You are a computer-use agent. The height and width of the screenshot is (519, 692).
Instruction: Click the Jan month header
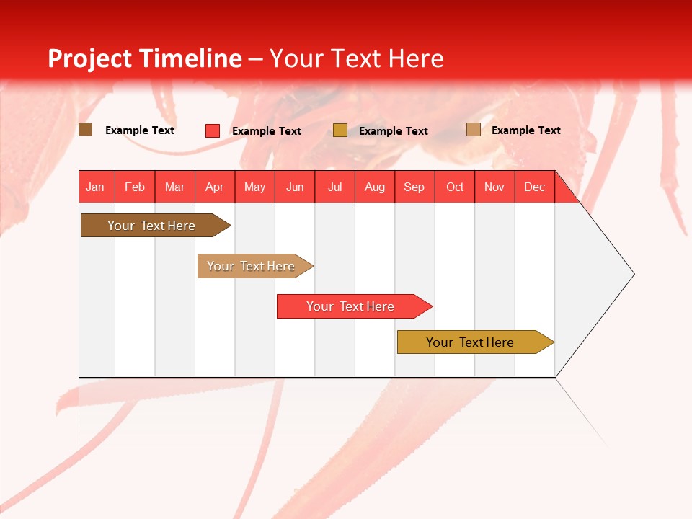[x=96, y=187]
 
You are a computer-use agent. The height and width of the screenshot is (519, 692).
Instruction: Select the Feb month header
[x=135, y=187]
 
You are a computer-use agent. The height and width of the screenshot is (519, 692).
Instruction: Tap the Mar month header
[x=174, y=187]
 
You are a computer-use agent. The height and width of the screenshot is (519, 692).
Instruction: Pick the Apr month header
[x=215, y=187]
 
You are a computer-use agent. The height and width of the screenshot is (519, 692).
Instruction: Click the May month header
[x=254, y=187]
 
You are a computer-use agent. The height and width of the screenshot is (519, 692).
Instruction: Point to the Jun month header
[x=295, y=187]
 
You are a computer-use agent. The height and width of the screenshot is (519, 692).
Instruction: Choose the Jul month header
[x=334, y=187]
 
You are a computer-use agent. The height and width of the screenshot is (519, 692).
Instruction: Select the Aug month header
[x=375, y=187]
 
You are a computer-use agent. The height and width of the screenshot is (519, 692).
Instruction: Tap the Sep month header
[x=414, y=187]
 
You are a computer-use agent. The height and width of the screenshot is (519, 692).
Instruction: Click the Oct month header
[x=455, y=187]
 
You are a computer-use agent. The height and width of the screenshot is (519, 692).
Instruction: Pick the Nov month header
[x=494, y=187]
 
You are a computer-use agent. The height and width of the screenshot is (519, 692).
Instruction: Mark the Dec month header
[x=535, y=187]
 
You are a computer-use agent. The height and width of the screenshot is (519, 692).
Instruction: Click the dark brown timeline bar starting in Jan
[x=152, y=226]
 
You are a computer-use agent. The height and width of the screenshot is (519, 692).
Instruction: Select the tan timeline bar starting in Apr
[x=252, y=266]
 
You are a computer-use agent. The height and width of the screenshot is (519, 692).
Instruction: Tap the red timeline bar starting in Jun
[x=351, y=306]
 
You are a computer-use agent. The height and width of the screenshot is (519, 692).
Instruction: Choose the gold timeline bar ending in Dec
[x=471, y=342]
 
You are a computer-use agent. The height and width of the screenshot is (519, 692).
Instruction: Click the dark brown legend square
[x=86, y=130]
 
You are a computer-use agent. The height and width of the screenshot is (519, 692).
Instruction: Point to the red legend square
[x=213, y=130]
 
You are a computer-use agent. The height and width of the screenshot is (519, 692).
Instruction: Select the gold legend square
[x=340, y=130]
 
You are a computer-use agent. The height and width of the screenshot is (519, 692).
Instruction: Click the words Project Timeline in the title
[x=145, y=58]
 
